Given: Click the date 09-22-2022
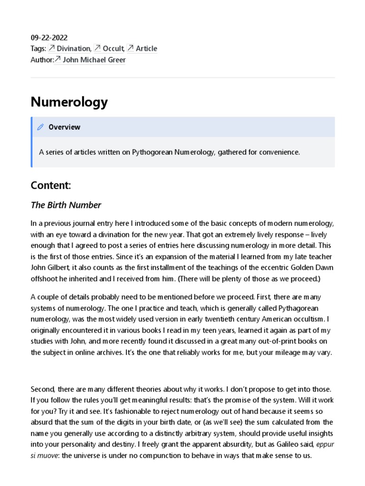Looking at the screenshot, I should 49,37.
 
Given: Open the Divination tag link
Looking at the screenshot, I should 74,48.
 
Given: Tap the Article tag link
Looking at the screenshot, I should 146,48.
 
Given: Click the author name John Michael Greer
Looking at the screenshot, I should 94,59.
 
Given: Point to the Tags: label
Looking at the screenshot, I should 38,48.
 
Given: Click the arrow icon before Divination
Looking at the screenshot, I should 52,48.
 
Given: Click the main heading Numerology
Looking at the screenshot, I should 69,102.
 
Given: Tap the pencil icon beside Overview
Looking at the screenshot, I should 41,127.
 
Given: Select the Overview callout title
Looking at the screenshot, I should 64,127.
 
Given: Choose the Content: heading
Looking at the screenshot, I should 51,185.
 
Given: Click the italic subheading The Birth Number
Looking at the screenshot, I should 66,205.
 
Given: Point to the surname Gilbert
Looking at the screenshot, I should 61,267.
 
